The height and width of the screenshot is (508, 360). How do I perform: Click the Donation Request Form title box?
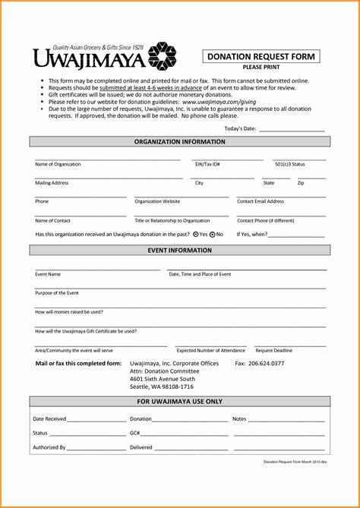(x=261, y=56)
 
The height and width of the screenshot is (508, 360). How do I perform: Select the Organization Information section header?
(x=180, y=142)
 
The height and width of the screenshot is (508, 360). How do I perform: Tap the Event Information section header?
(x=180, y=250)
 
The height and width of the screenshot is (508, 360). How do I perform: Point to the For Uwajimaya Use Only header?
(x=180, y=401)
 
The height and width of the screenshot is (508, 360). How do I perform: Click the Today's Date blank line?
(x=292, y=130)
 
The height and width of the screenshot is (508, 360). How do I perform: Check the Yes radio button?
(x=196, y=235)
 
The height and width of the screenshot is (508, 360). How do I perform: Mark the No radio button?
(x=212, y=235)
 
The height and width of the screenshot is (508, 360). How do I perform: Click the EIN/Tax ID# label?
(x=207, y=164)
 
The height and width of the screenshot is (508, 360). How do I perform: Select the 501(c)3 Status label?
(x=289, y=164)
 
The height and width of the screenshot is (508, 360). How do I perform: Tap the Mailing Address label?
(x=52, y=183)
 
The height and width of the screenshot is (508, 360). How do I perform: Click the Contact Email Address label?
(x=261, y=202)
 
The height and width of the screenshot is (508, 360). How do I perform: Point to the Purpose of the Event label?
(x=57, y=292)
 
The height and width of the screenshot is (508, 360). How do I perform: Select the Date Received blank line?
(x=96, y=419)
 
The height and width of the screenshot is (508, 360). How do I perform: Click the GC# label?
(x=134, y=434)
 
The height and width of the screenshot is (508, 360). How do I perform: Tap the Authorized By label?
(x=49, y=448)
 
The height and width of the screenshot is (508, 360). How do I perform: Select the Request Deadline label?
(x=273, y=351)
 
